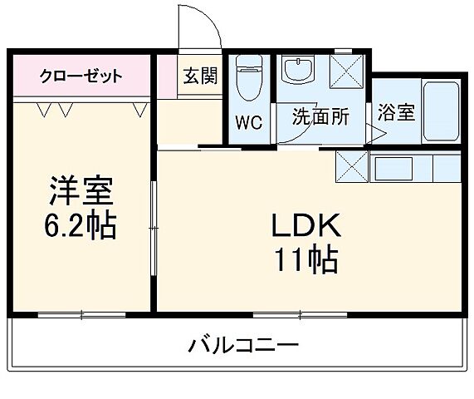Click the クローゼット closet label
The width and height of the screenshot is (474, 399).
(81, 77)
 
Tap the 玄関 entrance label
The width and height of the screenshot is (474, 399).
(199, 77)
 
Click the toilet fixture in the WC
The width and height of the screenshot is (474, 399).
(247, 79)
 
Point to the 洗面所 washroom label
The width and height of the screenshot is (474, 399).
(319, 116)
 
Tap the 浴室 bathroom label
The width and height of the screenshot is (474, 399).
(395, 113)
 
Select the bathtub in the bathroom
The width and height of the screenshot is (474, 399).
(440, 111)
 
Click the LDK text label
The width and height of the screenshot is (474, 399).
(304, 225)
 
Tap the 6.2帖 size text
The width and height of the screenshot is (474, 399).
(80, 224)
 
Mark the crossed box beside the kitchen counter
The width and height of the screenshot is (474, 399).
(351, 167)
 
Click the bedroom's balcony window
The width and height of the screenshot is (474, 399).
(81, 314)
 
